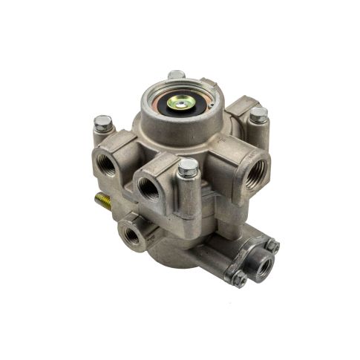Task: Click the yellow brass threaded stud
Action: click(x=101, y=201)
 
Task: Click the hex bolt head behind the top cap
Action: click(x=176, y=75)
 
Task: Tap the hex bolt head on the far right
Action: click(x=258, y=115)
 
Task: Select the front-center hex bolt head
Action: click(x=188, y=167)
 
